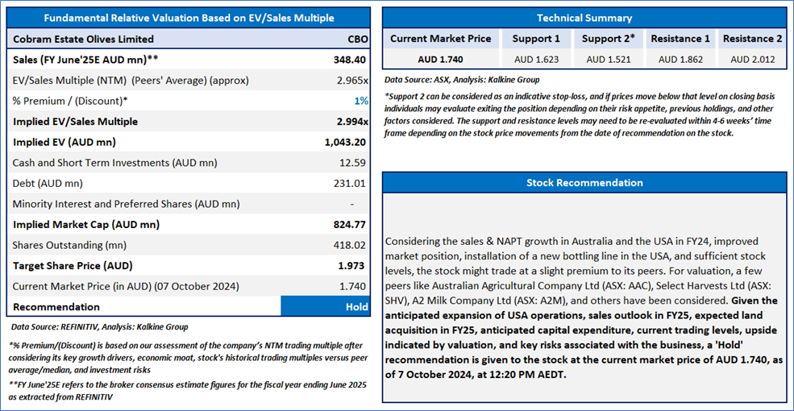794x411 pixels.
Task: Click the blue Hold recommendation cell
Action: coord(326,306)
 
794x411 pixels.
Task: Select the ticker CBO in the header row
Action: coord(355,39)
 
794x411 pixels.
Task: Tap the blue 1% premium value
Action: coord(362,101)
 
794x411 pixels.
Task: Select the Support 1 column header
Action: coord(536,38)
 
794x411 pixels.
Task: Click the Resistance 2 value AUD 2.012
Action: coord(752,59)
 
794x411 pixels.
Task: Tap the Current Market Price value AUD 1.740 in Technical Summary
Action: coord(440,59)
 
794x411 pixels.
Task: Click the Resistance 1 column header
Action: coord(680,38)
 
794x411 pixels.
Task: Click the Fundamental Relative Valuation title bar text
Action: coord(189,18)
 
